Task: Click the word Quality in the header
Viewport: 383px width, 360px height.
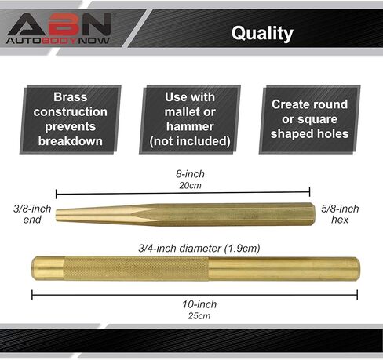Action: tap(262, 34)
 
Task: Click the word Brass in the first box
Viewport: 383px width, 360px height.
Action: tap(71, 97)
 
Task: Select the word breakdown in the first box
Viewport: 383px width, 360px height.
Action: tap(71, 141)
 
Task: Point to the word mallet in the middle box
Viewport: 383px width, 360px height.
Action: tap(181, 112)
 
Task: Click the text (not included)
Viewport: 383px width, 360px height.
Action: tap(190, 141)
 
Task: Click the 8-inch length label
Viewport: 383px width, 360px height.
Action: tap(190, 174)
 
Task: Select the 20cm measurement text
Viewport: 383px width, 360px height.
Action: tap(190, 185)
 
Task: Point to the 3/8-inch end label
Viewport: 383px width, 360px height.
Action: tap(32, 214)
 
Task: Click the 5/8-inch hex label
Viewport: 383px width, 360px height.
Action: tap(340, 214)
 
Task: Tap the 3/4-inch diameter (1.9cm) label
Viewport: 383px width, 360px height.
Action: tap(199, 249)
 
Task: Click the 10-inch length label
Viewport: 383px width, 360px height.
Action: tap(199, 304)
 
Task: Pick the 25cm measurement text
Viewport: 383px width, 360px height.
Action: tap(199, 316)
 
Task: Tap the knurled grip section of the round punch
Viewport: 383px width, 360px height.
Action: tap(136, 268)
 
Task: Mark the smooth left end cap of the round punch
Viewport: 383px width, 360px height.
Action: tap(48, 268)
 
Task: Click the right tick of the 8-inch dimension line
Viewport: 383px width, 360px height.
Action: tap(310, 192)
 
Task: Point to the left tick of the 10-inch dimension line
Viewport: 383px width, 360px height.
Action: tap(32, 295)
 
